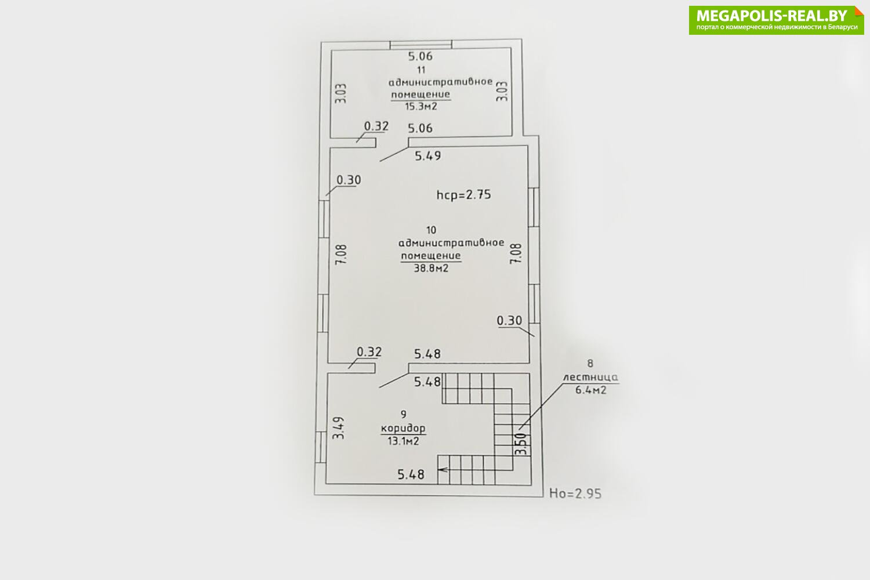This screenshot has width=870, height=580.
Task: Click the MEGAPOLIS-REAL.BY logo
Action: click(776, 20)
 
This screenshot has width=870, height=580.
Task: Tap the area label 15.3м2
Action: click(421, 107)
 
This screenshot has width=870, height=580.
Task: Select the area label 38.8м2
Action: click(431, 268)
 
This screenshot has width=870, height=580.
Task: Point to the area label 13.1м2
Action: click(403, 441)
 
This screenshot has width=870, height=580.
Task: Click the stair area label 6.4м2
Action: click(591, 390)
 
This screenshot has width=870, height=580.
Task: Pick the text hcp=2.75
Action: click(464, 194)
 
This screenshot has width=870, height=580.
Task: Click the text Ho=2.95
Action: click(575, 494)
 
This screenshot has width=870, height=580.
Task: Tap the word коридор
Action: click(403, 428)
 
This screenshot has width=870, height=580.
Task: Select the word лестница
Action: click(591, 377)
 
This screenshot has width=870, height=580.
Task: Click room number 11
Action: click(421, 70)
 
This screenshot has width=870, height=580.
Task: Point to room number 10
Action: click(431, 230)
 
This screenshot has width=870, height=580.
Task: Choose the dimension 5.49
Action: click(427, 156)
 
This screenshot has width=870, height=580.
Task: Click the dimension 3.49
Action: click(339, 427)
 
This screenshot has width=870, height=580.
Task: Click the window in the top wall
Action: click(421, 45)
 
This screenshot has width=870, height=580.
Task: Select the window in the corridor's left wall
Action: click(320, 447)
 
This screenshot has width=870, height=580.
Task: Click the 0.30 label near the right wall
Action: click(510, 321)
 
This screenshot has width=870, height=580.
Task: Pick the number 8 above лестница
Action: click(590, 364)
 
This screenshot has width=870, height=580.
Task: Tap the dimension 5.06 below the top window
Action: click(420, 56)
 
